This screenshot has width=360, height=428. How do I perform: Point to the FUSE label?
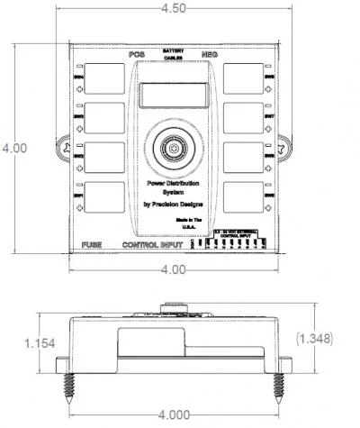pos(92,245)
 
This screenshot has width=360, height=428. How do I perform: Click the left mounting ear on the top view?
pos(64,147)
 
